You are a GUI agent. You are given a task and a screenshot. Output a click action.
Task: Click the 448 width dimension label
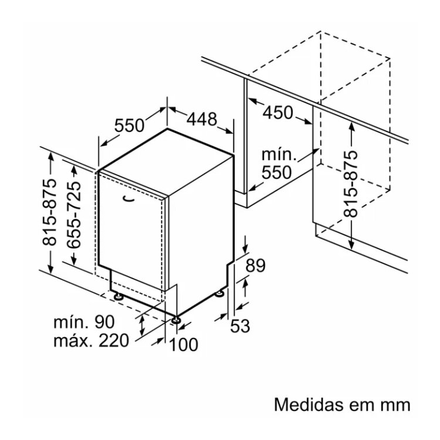(202, 119)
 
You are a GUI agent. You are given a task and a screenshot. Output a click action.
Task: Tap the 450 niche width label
(278, 113)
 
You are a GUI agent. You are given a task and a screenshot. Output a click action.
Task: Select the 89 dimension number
(255, 265)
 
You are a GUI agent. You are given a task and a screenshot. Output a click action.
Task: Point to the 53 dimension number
(240, 326)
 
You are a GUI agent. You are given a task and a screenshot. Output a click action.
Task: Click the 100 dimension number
(184, 344)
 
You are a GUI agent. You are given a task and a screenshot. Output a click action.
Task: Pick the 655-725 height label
(74, 215)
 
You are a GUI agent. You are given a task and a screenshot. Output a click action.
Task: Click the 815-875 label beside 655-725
(49, 212)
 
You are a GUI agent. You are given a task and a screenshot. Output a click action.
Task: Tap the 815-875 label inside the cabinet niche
(351, 184)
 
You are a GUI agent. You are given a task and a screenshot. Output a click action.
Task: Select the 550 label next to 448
(130, 125)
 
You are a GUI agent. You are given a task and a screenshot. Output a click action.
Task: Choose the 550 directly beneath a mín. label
(277, 172)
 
